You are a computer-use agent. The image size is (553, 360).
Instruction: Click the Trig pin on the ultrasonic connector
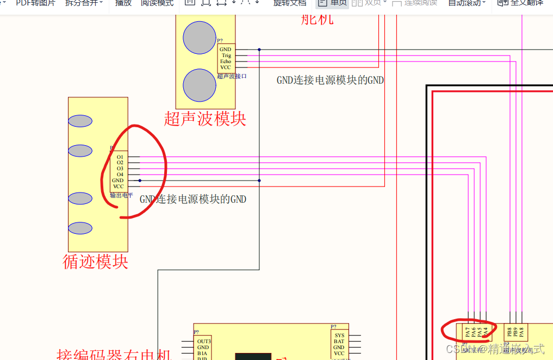[x=226, y=55]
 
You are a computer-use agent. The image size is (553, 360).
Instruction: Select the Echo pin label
[x=226, y=61]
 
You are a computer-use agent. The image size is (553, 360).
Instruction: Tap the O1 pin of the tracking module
[x=120, y=157]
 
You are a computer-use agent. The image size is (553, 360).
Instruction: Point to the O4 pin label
[x=120, y=175]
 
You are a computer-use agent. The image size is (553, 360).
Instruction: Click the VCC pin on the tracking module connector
[x=119, y=187]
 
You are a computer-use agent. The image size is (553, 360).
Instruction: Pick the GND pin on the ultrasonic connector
[x=226, y=49]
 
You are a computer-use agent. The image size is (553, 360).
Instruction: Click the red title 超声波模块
[x=205, y=119]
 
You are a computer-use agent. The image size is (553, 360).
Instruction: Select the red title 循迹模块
[x=96, y=262]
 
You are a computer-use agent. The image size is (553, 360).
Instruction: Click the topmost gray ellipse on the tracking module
[x=80, y=121]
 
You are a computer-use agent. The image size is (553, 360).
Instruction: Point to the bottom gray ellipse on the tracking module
[x=80, y=228]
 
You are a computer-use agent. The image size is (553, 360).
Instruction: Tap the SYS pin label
[x=339, y=336]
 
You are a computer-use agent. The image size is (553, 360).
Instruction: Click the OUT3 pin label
[x=204, y=342]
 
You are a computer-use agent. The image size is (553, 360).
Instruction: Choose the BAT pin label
[x=339, y=342]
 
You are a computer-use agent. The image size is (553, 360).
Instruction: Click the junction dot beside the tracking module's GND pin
[x=140, y=181]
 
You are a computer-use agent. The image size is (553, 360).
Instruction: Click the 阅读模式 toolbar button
[x=157, y=3]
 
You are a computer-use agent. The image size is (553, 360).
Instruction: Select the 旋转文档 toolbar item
[x=290, y=3]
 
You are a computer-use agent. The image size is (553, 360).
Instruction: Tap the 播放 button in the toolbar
[x=123, y=3]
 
